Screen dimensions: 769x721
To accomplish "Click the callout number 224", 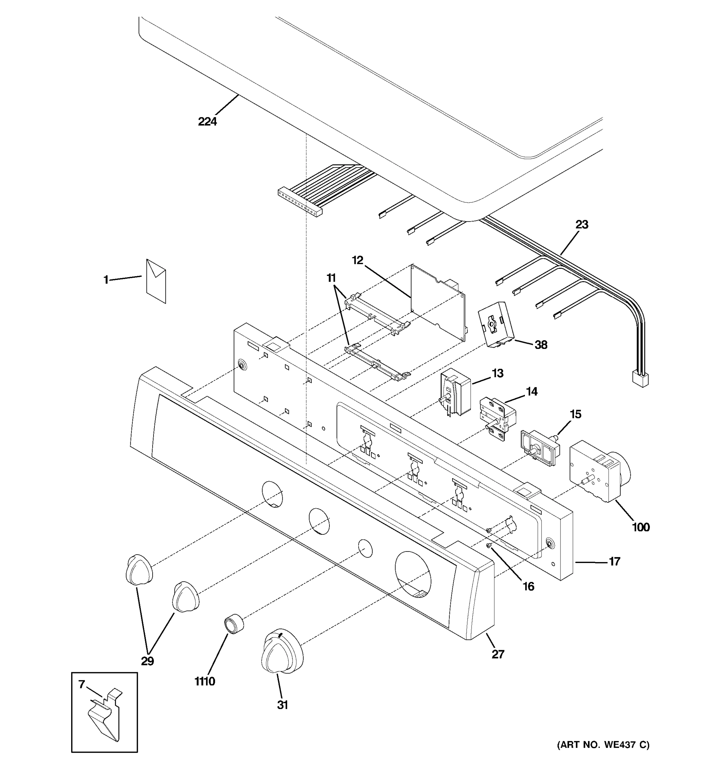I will (207, 121).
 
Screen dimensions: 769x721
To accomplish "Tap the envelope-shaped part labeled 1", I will (156, 281).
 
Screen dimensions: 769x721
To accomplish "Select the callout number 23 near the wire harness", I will (582, 224).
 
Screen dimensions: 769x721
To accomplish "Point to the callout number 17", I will (614, 561).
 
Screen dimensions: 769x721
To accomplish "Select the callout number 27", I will (498, 654).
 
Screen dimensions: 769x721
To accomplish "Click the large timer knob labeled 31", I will (282, 653).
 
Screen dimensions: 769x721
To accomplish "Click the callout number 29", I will (147, 661).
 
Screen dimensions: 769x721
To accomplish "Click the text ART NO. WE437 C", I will (603, 745).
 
